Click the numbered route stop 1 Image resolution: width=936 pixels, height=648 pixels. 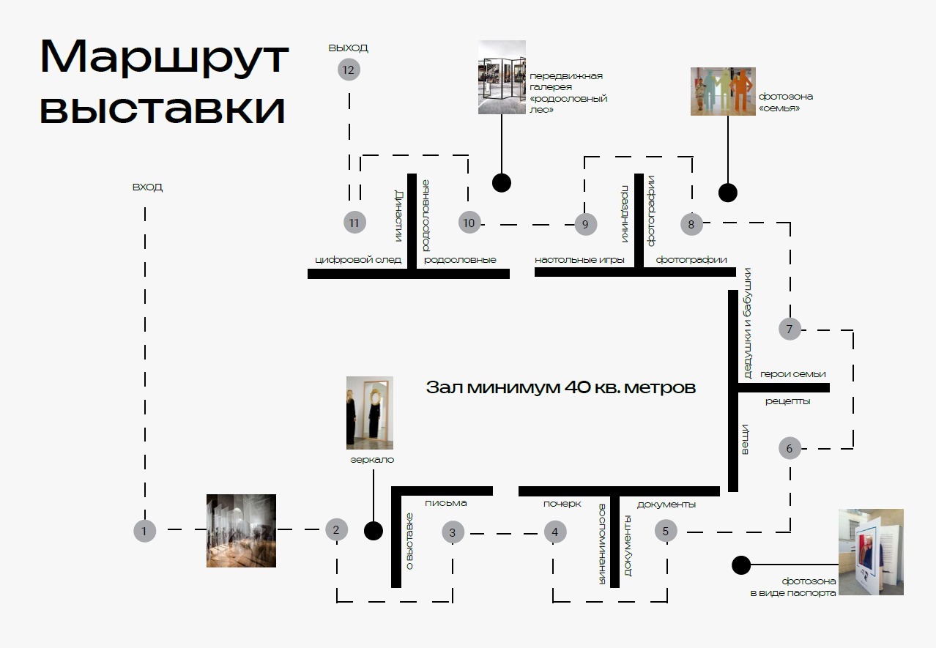[x=144, y=531]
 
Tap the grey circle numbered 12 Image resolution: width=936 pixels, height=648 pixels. [x=348, y=70]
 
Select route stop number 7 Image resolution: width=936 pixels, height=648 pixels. [x=790, y=329]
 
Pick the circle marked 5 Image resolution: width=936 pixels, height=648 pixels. [x=666, y=531]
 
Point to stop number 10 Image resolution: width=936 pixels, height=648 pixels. [x=469, y=223]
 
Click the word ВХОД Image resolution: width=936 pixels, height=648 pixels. [x=147, y=187]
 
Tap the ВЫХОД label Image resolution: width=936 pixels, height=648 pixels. [x=348, y=48]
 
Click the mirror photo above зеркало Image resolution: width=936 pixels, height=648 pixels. [x=370, y=412]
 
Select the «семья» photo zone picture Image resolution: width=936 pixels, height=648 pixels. [x=722, y=92]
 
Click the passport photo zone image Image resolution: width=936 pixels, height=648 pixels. [x=871, y=551]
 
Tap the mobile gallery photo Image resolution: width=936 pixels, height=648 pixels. [x=502, y=77]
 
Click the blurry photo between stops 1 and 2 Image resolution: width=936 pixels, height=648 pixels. [x=241, y=531]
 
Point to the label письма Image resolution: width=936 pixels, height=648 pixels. [x=445, y=503]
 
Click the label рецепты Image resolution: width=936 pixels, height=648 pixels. [x=787, y=401]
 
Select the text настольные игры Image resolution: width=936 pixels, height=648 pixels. [x=579, y=260]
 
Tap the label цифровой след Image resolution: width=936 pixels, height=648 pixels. [x=358, y=260]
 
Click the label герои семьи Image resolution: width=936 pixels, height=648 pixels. [x=792, y=374]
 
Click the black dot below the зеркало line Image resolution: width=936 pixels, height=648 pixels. [x=374, y=531]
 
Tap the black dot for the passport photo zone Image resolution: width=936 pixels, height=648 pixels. [x=741, y=565]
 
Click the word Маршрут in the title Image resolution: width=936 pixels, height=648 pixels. [x=164, y=57]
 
